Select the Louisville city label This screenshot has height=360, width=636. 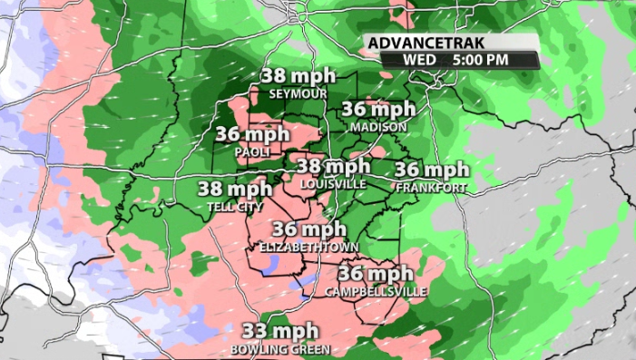[x=333, y=184]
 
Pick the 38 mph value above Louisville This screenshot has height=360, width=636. [x=334, y=167]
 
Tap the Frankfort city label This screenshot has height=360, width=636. [x=431, y=188]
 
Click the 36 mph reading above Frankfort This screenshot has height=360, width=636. [x=432, y=170]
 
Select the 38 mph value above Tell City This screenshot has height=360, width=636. [x=235, y=190]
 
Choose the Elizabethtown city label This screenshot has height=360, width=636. [x=308, y=247]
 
